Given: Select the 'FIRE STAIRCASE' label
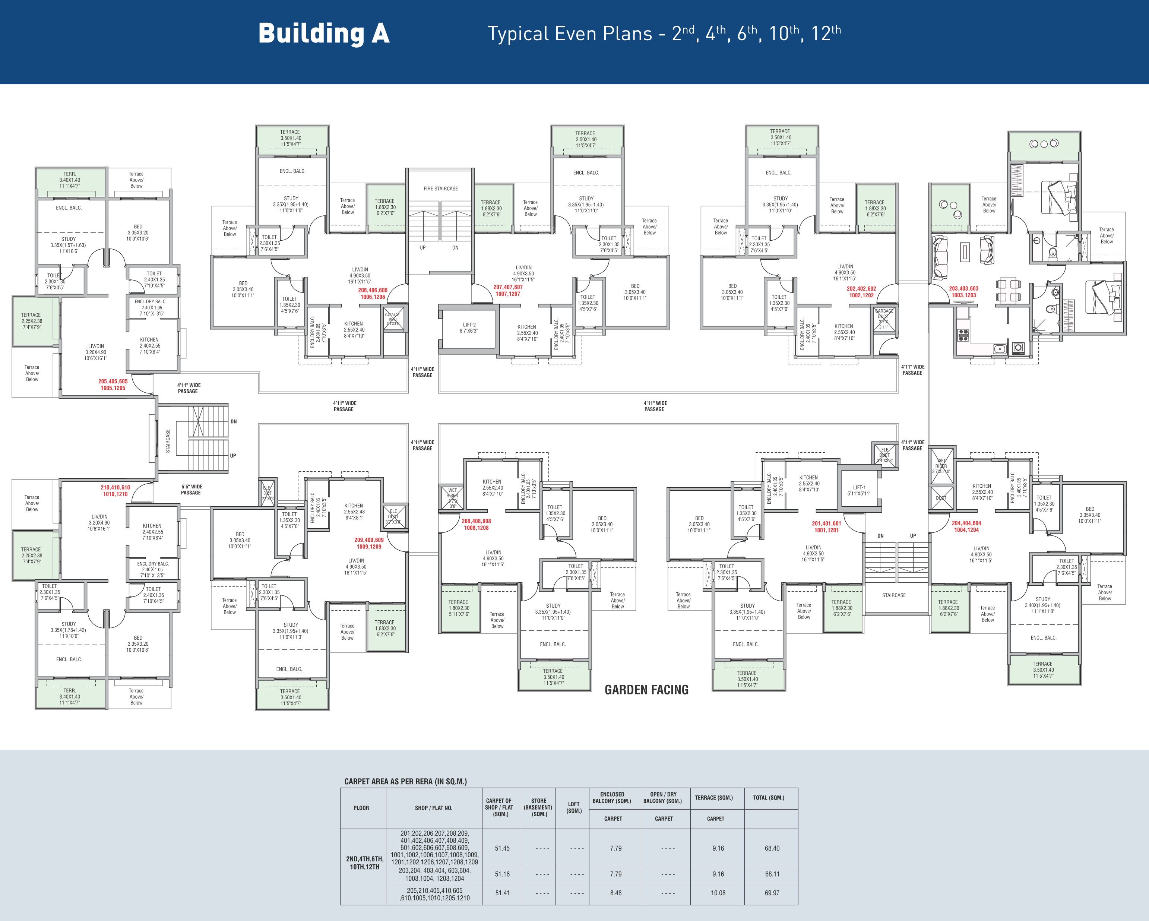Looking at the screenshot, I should click(440, 189).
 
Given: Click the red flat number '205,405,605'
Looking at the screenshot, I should click(113, 381).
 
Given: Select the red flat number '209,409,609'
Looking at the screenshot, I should click(369, 540).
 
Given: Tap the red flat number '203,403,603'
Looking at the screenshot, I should click(963, 288).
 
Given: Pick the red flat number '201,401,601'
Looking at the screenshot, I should click(826, 523).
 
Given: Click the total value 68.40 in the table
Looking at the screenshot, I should click(772, 848).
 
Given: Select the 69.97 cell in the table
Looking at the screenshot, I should click(772, 893).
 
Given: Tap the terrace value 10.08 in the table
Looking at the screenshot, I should click(718, 893).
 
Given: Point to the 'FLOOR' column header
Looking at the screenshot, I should click(361, 808).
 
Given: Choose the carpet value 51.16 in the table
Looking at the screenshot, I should click(502, 874).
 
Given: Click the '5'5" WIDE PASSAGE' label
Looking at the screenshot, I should click(191, 490).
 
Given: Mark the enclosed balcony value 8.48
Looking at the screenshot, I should click(615, 893).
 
